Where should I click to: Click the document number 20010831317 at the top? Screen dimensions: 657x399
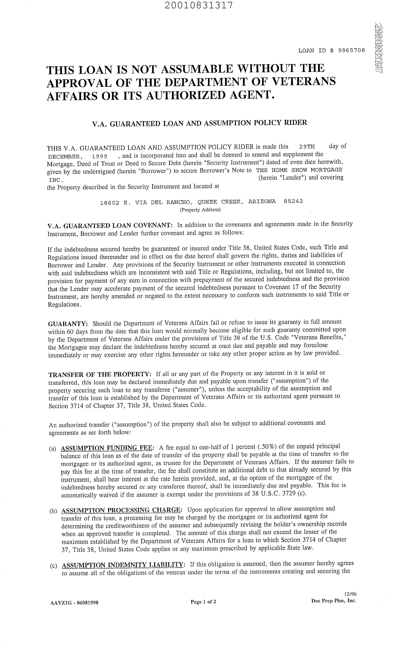(199, 5)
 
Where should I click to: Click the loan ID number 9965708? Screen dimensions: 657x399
(351, 51)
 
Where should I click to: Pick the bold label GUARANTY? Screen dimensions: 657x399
(68, 324)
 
